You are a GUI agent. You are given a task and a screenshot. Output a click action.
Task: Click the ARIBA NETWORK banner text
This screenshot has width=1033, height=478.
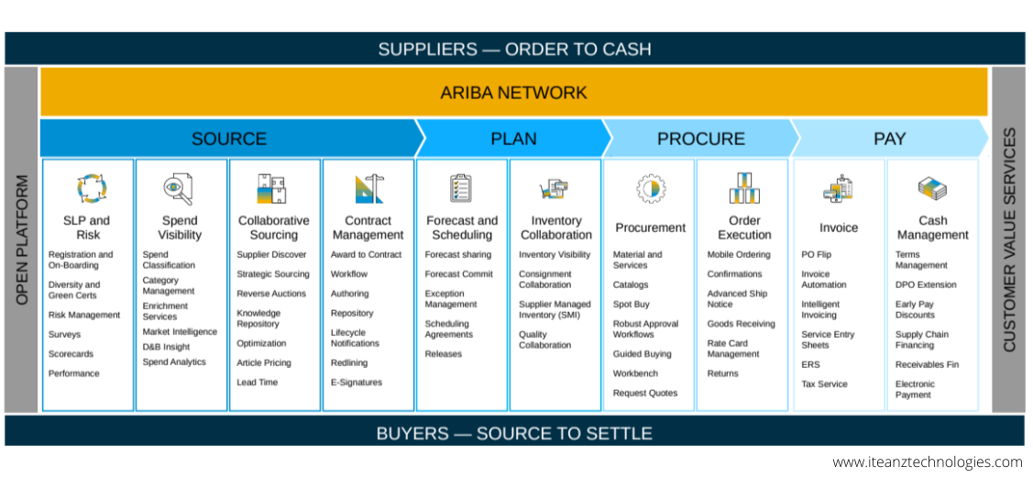pyautogui.click(x=513, y=93)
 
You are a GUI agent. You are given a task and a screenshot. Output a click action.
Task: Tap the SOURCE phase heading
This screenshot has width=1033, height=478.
pyautogui.click(x=229, y=139)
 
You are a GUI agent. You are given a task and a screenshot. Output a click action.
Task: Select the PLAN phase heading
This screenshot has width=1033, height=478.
pyautogui.click(x=513, y=139)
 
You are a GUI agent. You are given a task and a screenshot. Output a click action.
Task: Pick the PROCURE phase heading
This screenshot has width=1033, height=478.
pyautogui.click(x=700, y=139)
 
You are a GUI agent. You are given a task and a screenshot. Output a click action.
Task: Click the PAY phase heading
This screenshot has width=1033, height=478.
pyautogui.click(x=889, y=139)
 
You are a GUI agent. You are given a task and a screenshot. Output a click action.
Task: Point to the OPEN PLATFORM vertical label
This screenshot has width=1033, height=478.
pyautogui.click(x=22, y=240)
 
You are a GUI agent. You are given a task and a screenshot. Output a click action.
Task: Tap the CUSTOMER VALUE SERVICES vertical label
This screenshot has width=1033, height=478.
pyautogui.click(x=1009, y=240)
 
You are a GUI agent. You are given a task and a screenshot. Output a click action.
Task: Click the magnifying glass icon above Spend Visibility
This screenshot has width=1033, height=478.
pyautogui.click(x=179, y=189)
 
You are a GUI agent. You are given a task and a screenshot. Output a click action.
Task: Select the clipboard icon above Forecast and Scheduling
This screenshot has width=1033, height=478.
pyautogui.click(x=461, y=188)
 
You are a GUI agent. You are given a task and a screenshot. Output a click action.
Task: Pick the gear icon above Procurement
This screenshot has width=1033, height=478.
pyautogui.click(x=651, y=189)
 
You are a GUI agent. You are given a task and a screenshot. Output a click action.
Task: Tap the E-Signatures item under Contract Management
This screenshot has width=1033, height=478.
pyautogui.click(x=357, y=383)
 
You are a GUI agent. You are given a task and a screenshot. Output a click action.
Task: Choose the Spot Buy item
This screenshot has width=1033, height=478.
pyautogui.click(x=632, y=305)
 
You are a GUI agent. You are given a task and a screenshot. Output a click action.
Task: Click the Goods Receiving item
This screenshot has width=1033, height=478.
pyautogui.click(x=741, y=324)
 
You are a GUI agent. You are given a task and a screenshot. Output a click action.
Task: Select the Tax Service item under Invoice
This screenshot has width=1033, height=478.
pyautogui.click(x=824, y=384)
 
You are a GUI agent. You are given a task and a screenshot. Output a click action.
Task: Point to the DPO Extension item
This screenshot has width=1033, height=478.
pyautogui.click(x=926, y=285)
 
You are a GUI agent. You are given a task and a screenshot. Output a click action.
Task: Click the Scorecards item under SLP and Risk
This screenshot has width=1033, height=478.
pyautogui.click(x=71, y=354)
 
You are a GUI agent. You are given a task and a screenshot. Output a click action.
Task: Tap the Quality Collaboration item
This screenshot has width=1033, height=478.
pyautogui.click(x=544, y=340)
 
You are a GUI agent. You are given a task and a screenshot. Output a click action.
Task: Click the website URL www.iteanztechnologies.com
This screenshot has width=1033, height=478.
pyautogui.click(x=927, y=462)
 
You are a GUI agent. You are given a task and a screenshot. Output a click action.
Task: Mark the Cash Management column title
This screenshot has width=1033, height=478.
pyautogui.click(x=932, y=228)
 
